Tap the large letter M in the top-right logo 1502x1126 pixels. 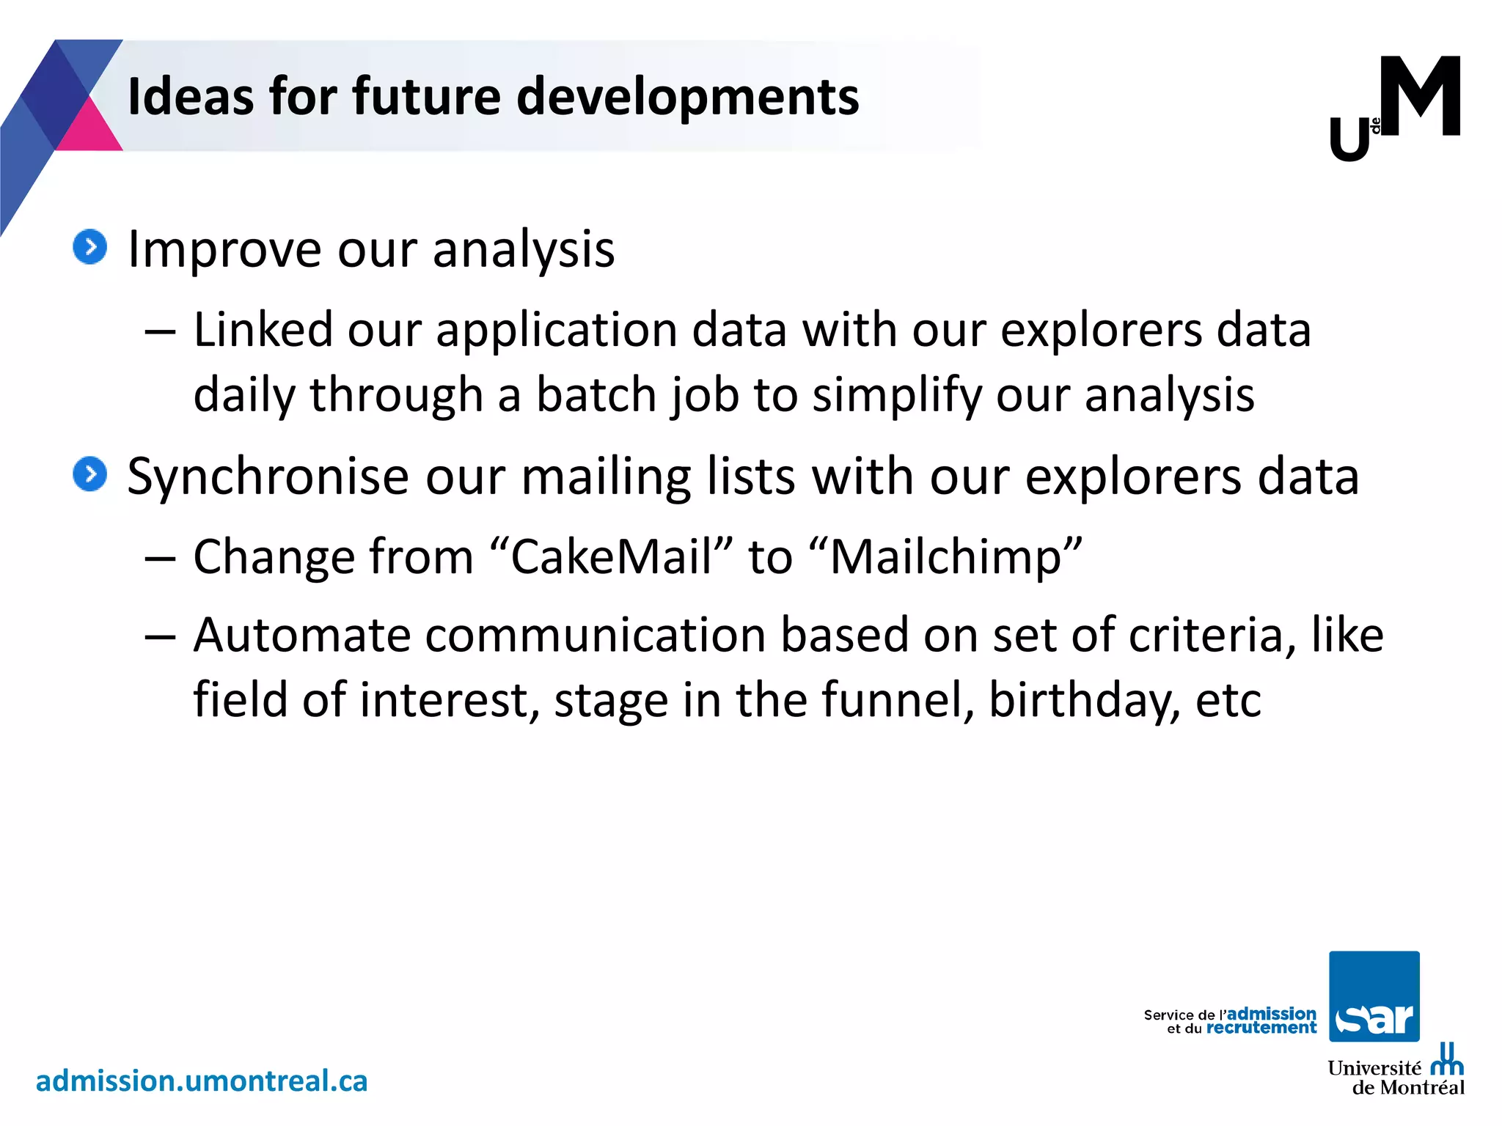coord(1420,97)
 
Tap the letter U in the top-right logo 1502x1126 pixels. coord(1349,140)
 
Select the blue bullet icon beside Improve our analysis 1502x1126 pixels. coord(90,247)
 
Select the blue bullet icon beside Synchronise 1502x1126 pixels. coord(90,474)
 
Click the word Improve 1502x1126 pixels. coord(224,249)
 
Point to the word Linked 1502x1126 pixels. coord(263,329)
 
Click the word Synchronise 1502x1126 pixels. coord(268,476)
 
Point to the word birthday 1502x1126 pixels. coord(1084,701)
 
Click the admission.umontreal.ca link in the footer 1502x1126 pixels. coord(202,1081)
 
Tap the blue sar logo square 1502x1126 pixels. coord(1374,996)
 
